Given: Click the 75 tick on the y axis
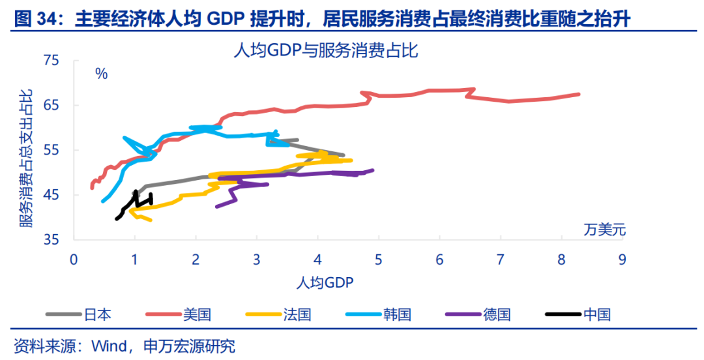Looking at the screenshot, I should click(51, 61).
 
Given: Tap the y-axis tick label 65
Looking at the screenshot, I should click(51, 106).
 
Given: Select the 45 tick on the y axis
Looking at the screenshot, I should click(51, 195).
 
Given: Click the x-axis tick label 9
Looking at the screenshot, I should click(622, 260).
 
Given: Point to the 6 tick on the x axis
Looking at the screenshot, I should click(439, 260).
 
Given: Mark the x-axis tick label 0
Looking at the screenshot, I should click(74, 260).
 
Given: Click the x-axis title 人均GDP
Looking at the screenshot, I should click(324, 282).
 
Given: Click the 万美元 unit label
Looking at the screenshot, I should click(604, 229).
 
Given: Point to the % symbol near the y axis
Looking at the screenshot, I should click(101, 74).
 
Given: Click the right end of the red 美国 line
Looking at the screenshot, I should click(579, 95).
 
